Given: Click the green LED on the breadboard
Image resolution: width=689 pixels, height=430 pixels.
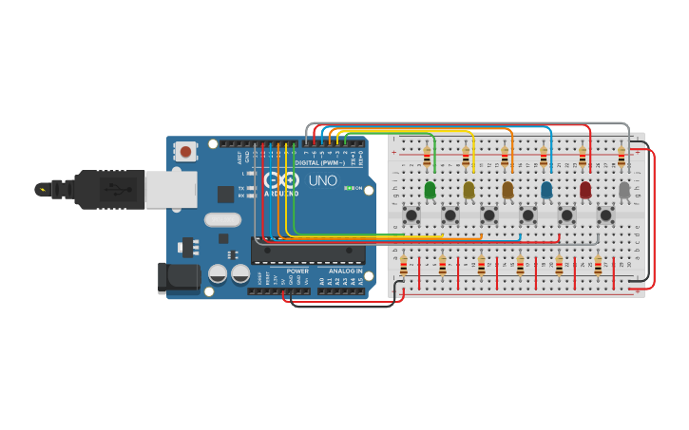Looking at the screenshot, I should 430,190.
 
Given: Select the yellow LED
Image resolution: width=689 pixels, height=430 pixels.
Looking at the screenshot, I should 469,190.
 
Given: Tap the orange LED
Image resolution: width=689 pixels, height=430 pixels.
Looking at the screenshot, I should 507,190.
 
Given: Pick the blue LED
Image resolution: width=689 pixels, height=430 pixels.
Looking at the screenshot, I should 546,190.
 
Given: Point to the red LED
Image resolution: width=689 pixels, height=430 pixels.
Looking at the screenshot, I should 585,190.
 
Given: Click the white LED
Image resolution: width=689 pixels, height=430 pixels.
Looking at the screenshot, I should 624,190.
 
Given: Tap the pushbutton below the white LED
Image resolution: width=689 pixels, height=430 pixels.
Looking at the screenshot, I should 605,215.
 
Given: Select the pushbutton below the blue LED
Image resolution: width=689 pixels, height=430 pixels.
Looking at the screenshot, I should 527,215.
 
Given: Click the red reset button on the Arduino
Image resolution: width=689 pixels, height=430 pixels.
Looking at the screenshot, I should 185,151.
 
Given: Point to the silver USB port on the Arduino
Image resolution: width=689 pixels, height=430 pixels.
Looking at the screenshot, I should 171,188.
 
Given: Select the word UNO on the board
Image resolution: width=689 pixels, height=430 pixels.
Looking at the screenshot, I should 322,180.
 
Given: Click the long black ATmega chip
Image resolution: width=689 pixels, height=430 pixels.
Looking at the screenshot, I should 308,251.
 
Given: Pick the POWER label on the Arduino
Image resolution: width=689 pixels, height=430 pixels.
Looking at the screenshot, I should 297,271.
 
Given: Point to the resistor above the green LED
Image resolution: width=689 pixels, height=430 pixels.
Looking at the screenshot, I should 427,157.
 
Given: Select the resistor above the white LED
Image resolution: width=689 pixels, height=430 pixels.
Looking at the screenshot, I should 622,157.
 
